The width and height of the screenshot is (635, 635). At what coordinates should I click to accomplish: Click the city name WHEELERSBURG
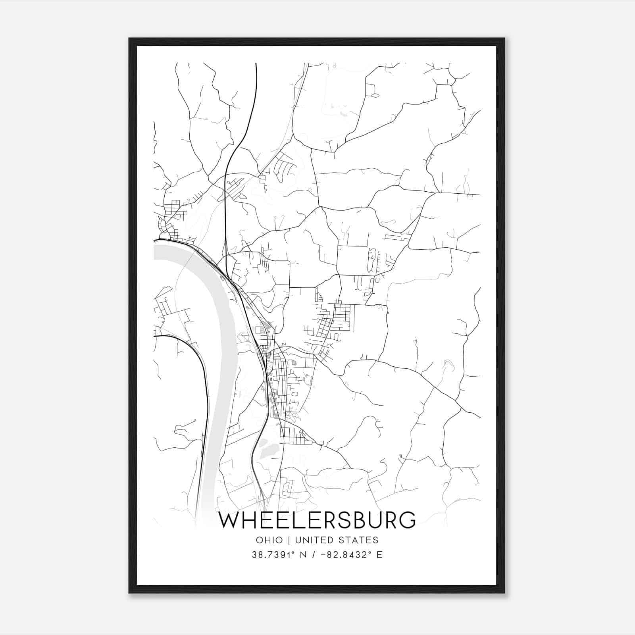[x=317, y=520]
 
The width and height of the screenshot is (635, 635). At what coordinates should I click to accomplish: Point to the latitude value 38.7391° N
[x=278, y=555]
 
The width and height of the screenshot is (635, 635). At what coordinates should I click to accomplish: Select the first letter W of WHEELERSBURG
[x=229, y=520]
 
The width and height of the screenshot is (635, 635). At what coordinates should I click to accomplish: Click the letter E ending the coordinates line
[x=380, y=555]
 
